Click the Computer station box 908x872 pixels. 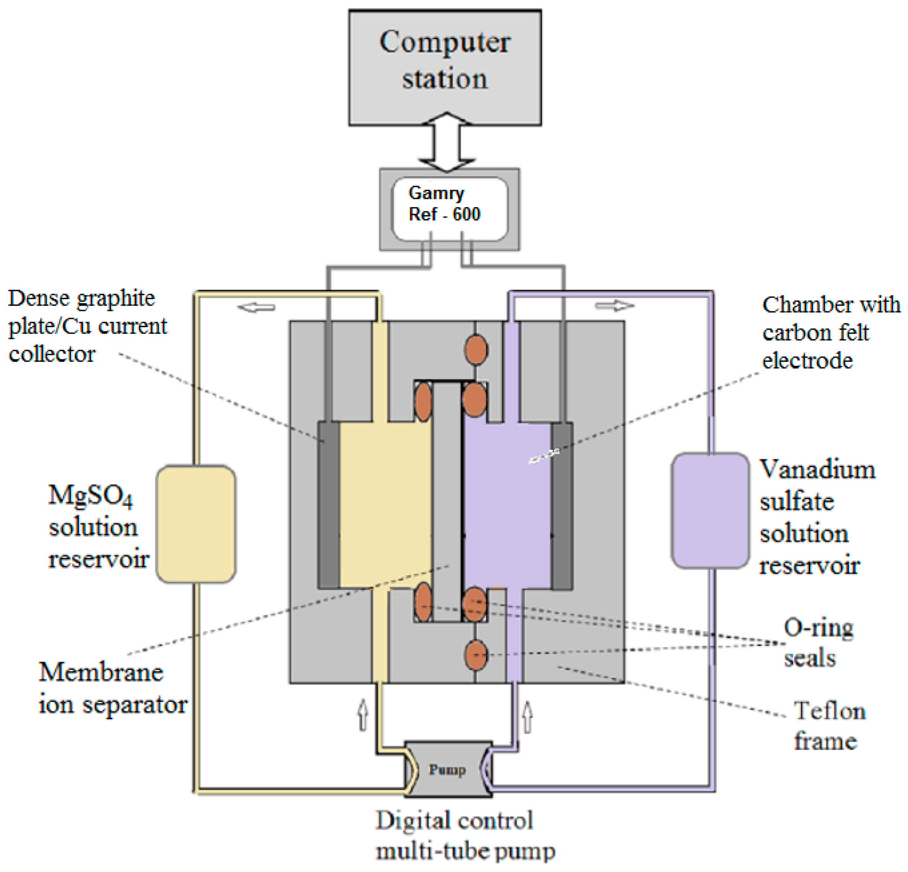[445, 68]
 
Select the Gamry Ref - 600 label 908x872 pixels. [444, 204]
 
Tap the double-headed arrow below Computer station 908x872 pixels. [446, 142]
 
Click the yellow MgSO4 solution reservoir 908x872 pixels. [196, 524]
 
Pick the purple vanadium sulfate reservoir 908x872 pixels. [710, 510]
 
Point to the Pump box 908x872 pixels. [448, 769]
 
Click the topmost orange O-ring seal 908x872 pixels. [475, 350]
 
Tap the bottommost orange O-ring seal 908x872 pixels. [475, 655]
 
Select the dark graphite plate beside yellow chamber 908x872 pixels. [329, 505]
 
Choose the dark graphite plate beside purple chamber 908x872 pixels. [562, 506]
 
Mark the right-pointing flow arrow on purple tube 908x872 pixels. [615, 306]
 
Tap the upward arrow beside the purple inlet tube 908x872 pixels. [527, 717]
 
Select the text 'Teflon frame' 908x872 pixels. [829, 725]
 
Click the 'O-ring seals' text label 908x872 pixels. [818, 642]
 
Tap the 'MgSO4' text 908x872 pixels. [90, 495]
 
